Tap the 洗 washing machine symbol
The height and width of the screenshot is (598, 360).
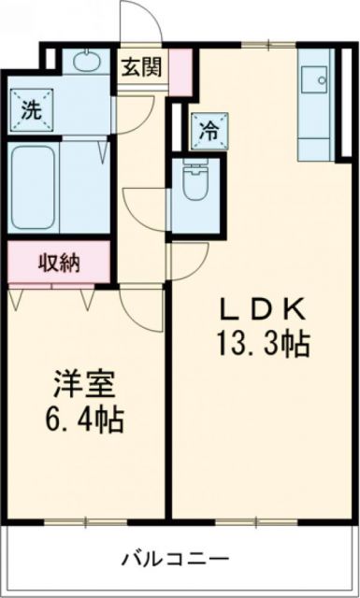(31, 108)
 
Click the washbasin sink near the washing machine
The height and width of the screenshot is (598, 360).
(85, 64)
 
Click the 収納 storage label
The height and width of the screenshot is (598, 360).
(57, 263)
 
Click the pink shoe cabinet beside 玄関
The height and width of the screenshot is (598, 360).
(181, 69)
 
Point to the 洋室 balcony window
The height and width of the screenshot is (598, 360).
(84, 520)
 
